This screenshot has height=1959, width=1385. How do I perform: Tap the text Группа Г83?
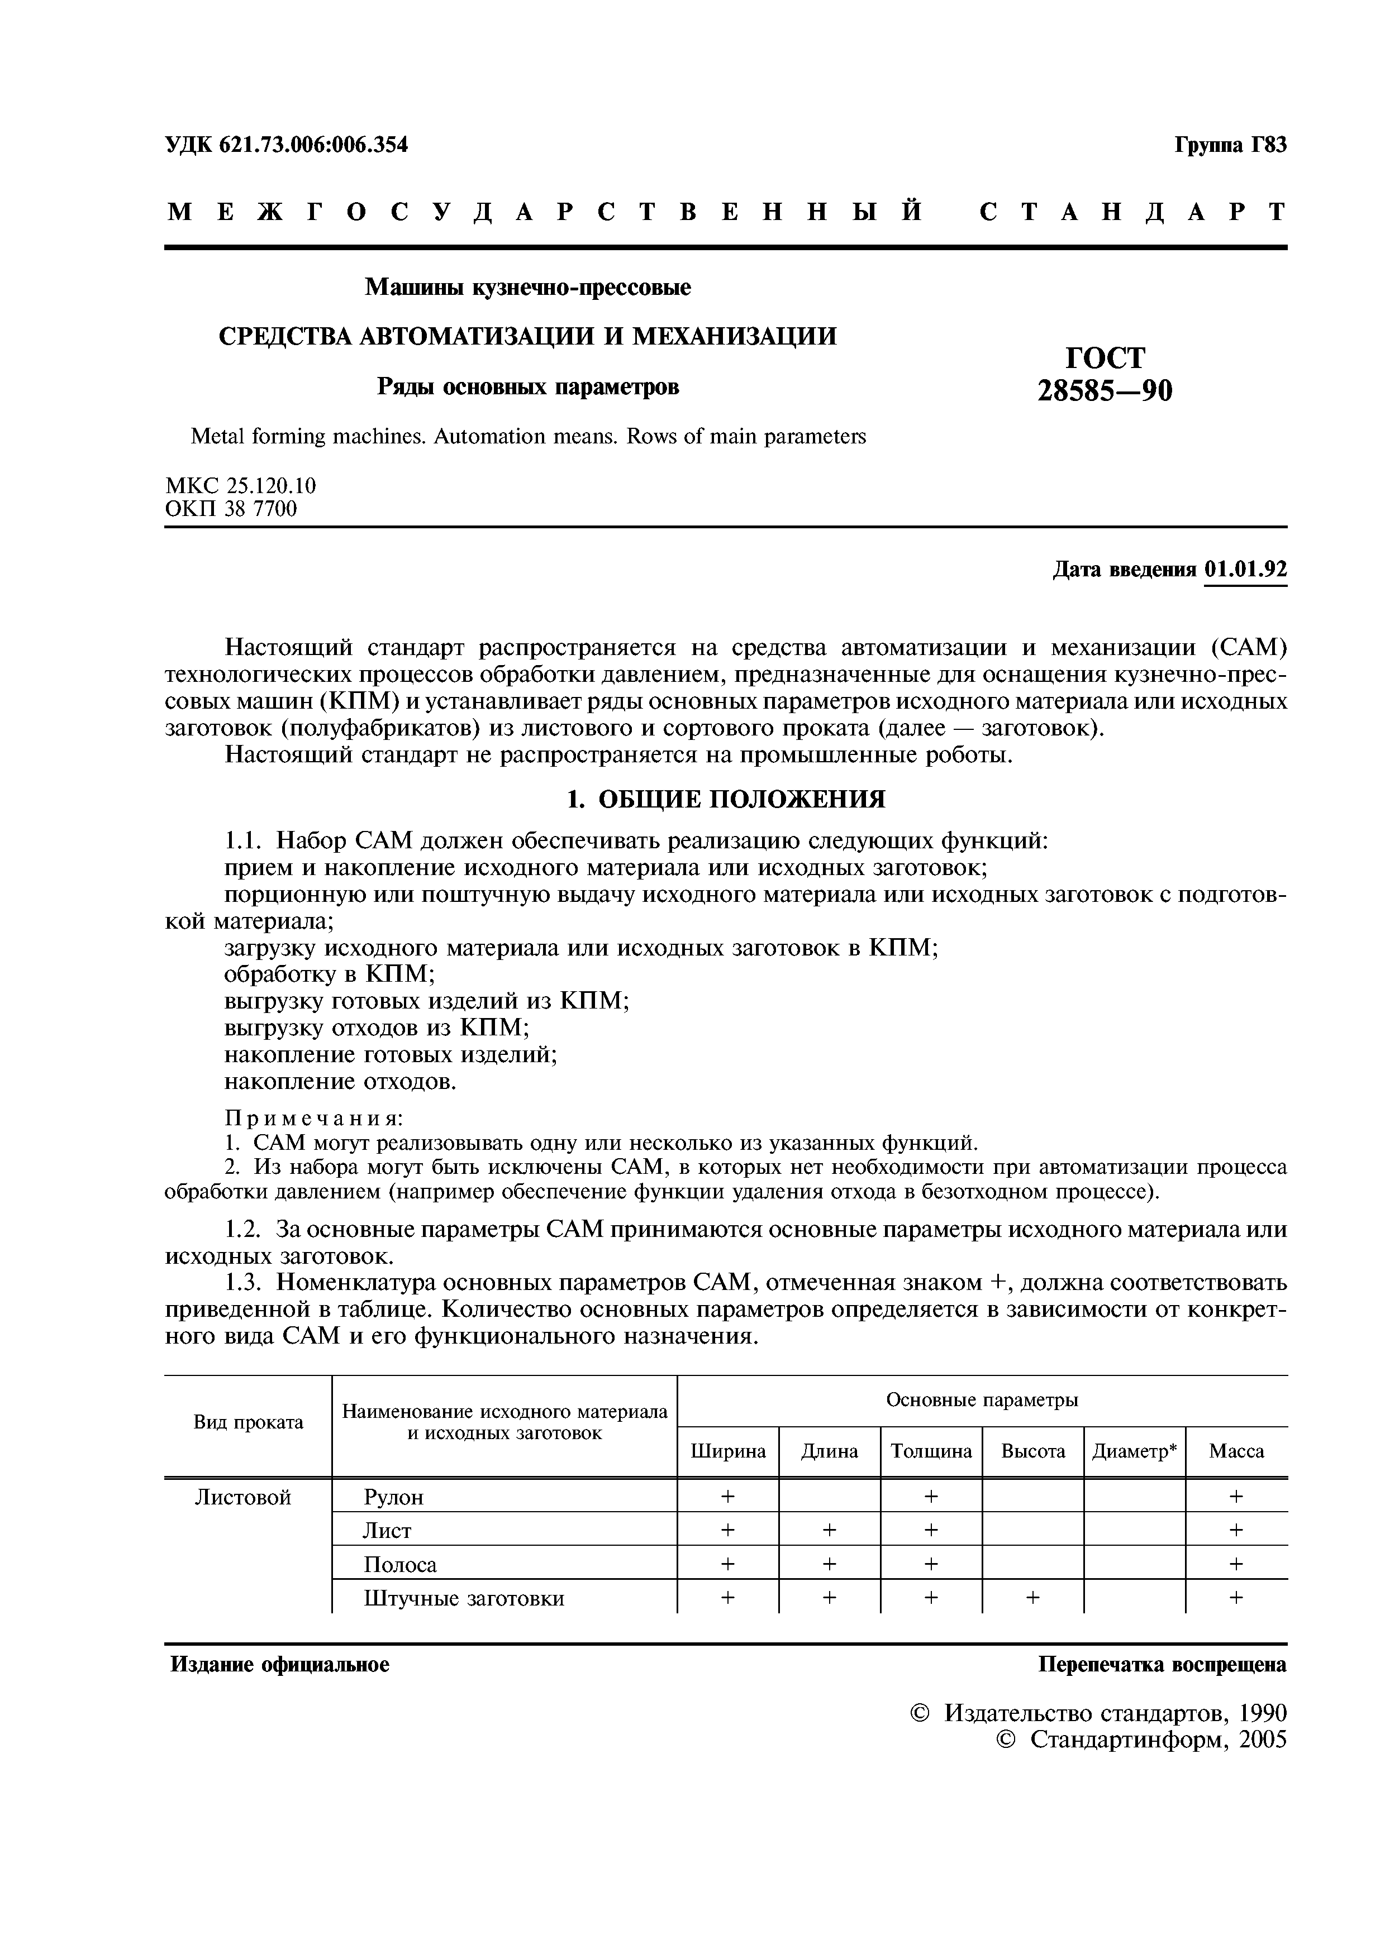tap(1230, 145)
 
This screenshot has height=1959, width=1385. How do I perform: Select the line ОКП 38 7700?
tap(231, 509)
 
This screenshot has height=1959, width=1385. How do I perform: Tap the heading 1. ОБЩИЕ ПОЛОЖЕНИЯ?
tap(726, 800)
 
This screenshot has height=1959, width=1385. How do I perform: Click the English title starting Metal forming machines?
tap(527, 437)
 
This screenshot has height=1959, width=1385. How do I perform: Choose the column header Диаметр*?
tap(1134, 1451)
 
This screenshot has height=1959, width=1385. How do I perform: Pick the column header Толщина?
tap(931, 1451)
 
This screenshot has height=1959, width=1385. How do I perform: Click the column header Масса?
tap(1236, 1451)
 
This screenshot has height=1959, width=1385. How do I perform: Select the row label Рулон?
tap(393, 1497)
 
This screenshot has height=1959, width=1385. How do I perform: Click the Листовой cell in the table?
tap(243, 1497)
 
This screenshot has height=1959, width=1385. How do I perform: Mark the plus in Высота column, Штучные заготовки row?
tap(1032, 1597)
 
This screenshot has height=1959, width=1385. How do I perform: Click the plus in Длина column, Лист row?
tap(829, 1531)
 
